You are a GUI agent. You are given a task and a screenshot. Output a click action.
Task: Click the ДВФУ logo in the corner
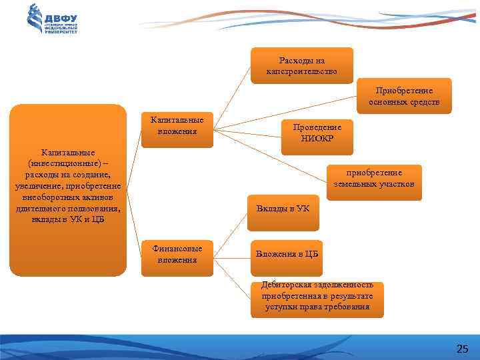click(x=53, y=19)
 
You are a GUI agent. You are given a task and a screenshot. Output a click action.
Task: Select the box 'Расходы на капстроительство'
click(x=302, y=65)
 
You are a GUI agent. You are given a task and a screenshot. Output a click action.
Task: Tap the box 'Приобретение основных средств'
click(x=404, y=96)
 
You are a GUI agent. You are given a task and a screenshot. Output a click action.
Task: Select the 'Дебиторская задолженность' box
click(x=317, y=296)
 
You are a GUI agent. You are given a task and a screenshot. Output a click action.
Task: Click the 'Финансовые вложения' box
click(x=177, y=254)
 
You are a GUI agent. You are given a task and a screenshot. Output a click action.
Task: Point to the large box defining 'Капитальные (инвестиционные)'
click(x=67, y=190)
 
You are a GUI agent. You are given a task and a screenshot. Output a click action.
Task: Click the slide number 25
click(x=462, y=349)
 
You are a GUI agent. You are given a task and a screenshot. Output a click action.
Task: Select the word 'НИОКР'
click(x=321, y=138)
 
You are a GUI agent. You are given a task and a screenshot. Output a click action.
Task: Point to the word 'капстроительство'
click(x=302, y=71)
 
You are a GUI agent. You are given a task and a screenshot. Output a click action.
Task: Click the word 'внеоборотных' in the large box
click(x=41, y=198)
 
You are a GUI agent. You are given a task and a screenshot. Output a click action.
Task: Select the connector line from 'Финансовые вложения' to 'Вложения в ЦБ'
click(x=230, y=255)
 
